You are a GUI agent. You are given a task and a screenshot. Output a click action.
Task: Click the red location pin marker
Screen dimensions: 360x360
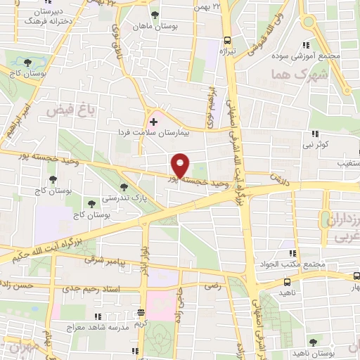pyautogui.click(x=181, y=165)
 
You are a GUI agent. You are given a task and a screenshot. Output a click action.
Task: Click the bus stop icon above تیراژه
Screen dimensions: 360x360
pyautogui.click(x=226, y=40)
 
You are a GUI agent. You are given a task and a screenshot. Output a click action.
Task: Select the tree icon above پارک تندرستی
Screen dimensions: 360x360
pyautogui.click(x=124, y=187)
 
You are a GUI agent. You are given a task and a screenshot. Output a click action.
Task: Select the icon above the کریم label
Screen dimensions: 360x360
pyautogui.click(x=141, y=312)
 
